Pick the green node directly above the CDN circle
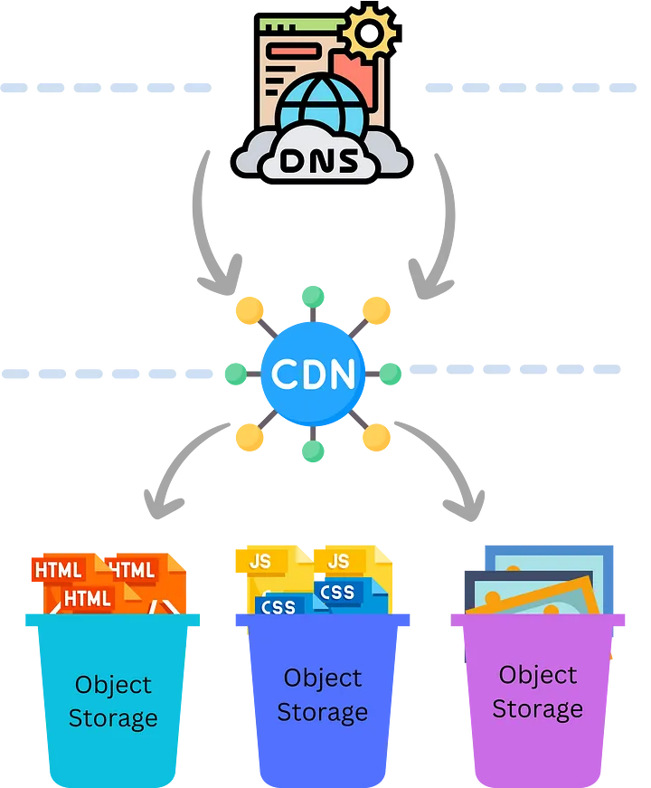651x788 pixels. (x=313, y=296)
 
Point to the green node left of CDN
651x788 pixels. (x=235, y=372)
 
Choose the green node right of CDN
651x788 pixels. (x=391, y=372)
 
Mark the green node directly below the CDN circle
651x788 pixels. (x=313, y=451)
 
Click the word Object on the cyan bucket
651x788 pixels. (x=113, y=685)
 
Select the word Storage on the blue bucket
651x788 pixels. (x=322, y=712)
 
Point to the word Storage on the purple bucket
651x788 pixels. (x=537, y=708)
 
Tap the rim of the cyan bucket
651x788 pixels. (x=112, y=620)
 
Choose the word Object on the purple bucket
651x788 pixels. (x=537, y=675)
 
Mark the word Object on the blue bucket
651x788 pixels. (x=322, y=678)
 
